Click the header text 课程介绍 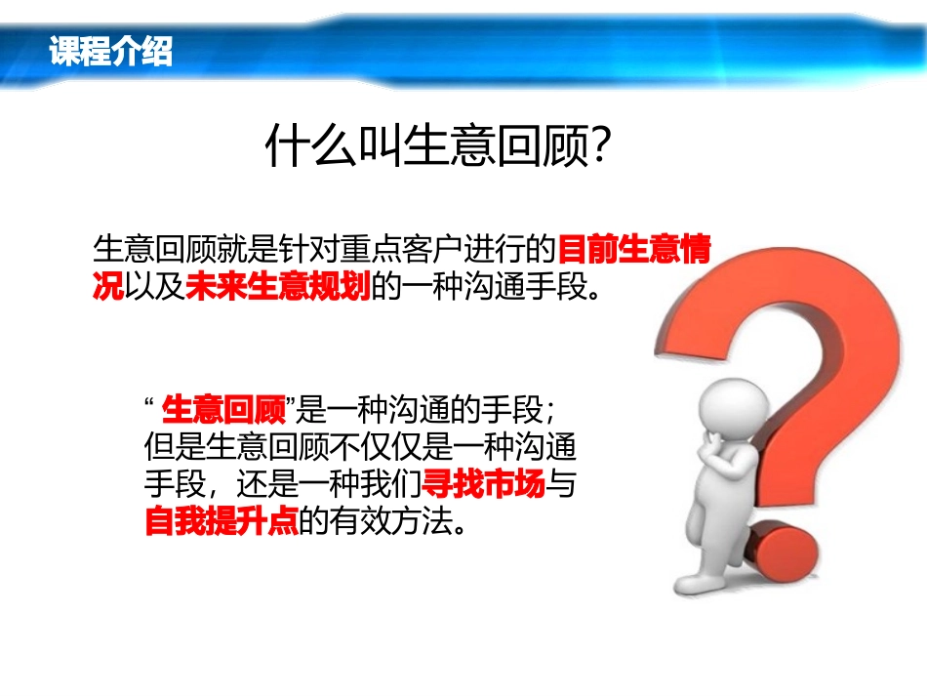coord(110,52)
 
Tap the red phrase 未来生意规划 coord(278,290)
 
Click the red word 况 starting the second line coord(108,290)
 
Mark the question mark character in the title coord(601,148)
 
